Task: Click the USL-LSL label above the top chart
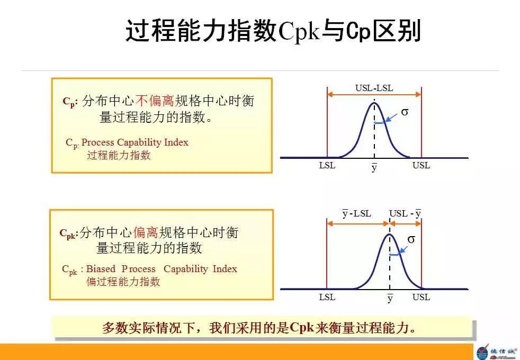374,88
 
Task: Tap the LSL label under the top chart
327,165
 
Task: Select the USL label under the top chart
421,165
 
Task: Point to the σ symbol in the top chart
405,112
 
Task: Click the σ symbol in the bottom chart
411,239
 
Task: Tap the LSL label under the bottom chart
327,297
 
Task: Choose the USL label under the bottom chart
421,297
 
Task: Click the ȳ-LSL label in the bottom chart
356,214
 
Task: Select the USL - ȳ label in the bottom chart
405,214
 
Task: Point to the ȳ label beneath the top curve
374,167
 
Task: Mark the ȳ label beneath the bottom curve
390,299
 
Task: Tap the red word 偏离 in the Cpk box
146,232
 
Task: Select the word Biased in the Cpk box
101,269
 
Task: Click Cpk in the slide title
299,32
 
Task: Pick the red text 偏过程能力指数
123,282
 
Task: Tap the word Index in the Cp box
176,142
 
